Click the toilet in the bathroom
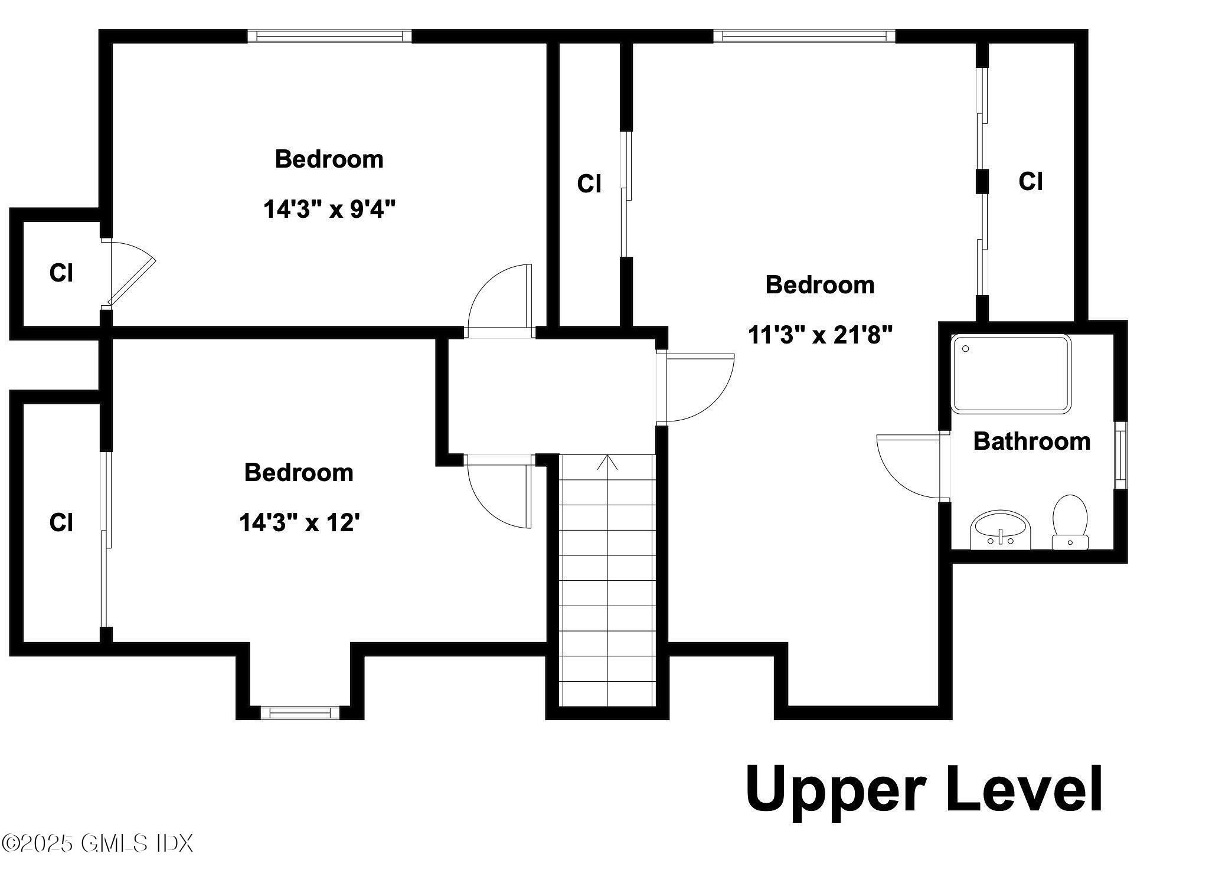coord(1070,521)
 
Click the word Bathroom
coord(1031,441)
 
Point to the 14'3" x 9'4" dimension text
coord(329,209)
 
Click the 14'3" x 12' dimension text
coord(300,522)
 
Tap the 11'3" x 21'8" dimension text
coord(820,335)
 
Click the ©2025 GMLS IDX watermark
coord(97,843)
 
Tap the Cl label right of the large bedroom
coord(1031,181)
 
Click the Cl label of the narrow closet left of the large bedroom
coord(589,184)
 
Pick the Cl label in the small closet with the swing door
coord(61,273)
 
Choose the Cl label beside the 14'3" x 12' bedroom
coord(61,522)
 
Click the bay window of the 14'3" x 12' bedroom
coord(300,712)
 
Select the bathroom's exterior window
coord(1120,455)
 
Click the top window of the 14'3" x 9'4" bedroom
coord(329,36)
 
